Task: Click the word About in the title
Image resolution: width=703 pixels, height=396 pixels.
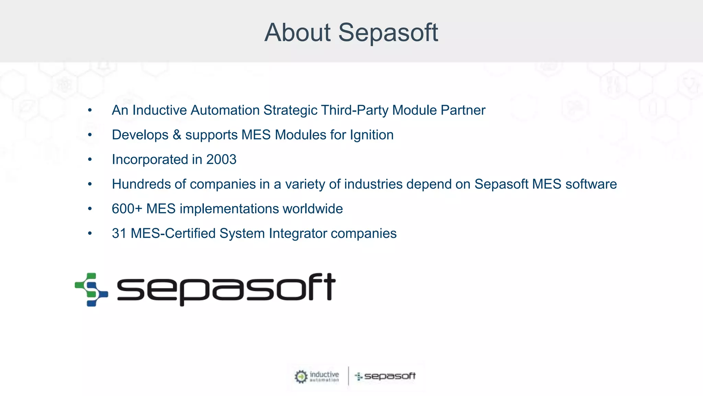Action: (297, 33)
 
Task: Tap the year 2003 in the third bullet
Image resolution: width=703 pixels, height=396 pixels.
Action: (221, 159)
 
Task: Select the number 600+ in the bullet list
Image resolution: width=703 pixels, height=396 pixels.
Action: (127, 209)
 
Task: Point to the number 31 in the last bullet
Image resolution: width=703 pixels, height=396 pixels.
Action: (119, 233)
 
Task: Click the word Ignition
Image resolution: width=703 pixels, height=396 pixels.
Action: (371, 135)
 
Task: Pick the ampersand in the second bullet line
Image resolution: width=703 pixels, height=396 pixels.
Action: (177, 135)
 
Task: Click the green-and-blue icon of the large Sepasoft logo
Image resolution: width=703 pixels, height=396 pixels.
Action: (91, 289)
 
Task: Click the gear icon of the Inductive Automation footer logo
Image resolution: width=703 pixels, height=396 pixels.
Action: (301, 377)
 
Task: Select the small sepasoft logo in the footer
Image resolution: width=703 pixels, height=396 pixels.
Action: (385, 376)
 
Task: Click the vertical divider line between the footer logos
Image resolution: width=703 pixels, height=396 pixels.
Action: (348, 376)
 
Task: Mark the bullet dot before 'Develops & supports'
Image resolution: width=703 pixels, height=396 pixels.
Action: (90, 135)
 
